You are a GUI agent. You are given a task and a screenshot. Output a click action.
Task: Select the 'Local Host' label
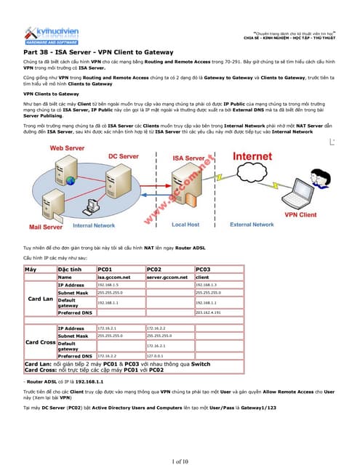(x=185, y=225)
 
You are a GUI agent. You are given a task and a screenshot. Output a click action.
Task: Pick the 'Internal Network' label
(x=94, y=226)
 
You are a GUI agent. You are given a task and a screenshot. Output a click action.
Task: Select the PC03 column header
(x=204, y=269)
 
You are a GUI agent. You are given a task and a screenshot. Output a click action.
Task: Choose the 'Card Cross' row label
(x=40, y=342)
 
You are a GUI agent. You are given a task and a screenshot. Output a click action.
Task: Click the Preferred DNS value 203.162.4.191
(x=212, y=312)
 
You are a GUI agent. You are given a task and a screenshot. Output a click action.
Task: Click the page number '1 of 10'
(x=180, y=461)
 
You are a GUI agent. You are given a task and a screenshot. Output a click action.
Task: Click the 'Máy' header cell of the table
(x=31, y=269)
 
